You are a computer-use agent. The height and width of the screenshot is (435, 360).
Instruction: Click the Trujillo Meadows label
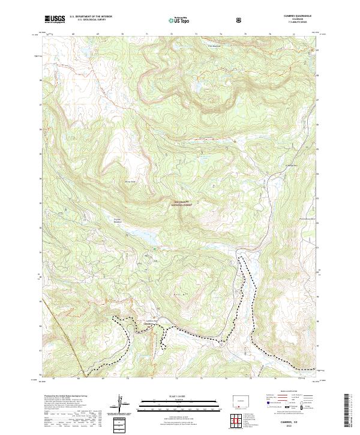pos(118,220)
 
